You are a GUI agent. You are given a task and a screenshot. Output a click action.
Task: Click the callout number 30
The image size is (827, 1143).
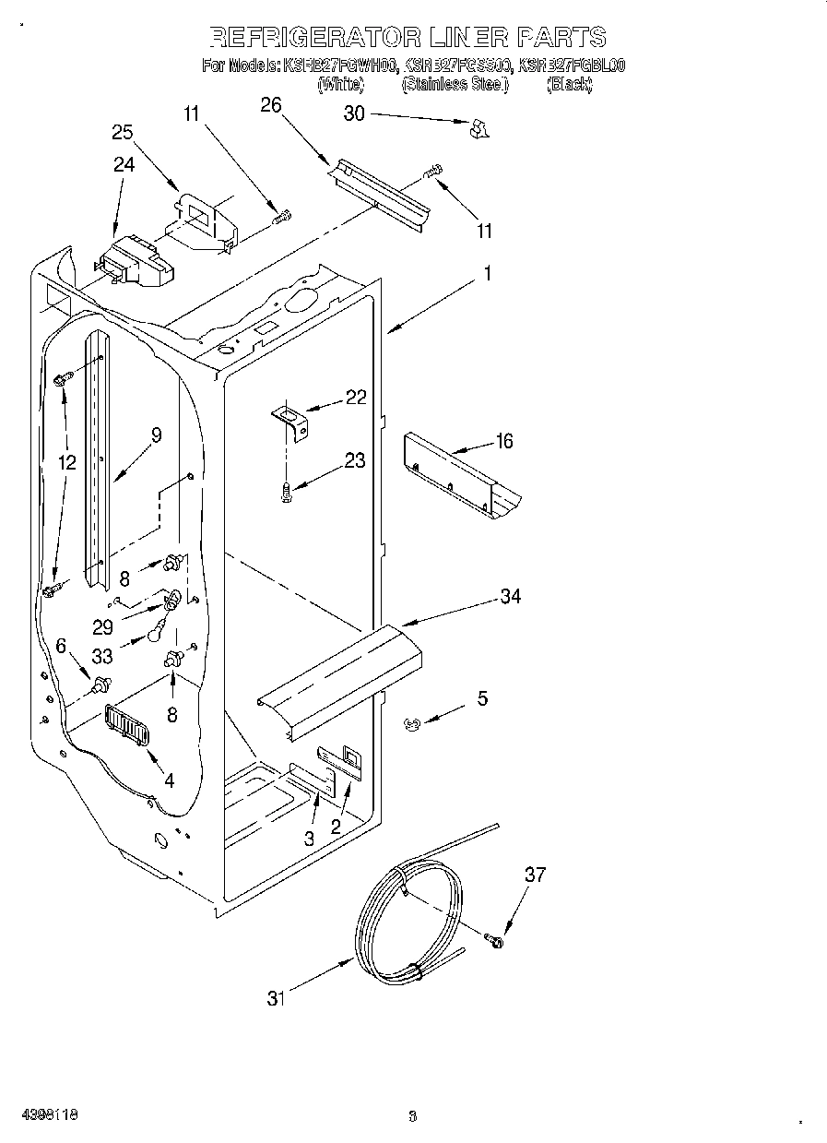[x=354, y=113]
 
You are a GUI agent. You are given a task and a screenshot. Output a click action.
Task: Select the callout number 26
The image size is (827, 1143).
[x=270, y=105]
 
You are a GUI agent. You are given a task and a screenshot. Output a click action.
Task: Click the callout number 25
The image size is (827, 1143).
[x=123, y=132]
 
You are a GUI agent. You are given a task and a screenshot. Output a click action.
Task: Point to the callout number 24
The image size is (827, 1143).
[x=124, y=164]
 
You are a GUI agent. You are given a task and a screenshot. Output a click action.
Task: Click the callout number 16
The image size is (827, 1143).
[x=503, y=441]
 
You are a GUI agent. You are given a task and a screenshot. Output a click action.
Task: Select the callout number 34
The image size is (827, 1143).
[x=510, y=597]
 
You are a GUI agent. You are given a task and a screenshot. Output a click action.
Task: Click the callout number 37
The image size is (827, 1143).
[x=535, y=875]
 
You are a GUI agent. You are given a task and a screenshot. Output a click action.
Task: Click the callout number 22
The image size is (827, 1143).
[x=355, y=398]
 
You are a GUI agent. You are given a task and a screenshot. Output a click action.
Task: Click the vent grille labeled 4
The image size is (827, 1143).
[x=127, y=726]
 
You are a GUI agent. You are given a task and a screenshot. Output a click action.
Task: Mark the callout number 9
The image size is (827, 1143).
[x=156, y=435]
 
